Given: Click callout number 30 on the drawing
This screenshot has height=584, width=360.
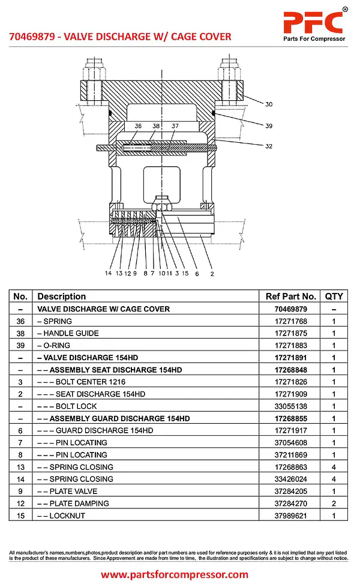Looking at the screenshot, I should tap(269, 104).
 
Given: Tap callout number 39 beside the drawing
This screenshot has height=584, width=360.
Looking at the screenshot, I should tap(269, 126).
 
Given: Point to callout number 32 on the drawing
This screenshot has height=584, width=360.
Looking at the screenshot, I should tap(269, 146).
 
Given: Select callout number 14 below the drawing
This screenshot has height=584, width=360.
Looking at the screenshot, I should tap(108, 274).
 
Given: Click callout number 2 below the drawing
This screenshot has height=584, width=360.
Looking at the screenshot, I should tap(212, 274).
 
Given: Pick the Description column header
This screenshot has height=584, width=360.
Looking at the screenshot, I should tap(61, 297).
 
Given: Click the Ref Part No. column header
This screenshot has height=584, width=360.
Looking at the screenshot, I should tap(290, 297).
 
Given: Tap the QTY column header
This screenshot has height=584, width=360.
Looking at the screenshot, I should tap(334, 297).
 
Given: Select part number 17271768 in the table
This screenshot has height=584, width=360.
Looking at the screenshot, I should tap(290, 321).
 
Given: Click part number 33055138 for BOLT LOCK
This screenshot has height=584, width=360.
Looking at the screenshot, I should tap(290, 406).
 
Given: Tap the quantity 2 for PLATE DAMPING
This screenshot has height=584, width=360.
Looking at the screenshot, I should tap(334, 504).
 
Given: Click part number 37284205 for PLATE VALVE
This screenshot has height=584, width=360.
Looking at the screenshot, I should tap(290, 492).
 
